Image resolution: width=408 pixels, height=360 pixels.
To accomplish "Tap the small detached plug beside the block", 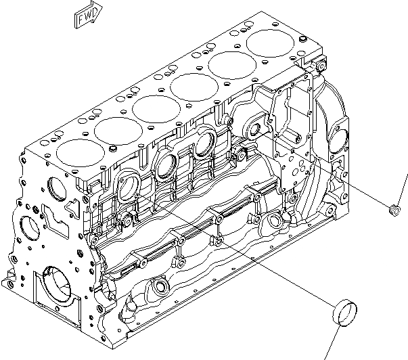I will point(392,210).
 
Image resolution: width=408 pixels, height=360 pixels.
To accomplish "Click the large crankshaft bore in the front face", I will point(55,284).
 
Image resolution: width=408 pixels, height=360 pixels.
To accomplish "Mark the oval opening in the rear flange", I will point(336,137).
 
